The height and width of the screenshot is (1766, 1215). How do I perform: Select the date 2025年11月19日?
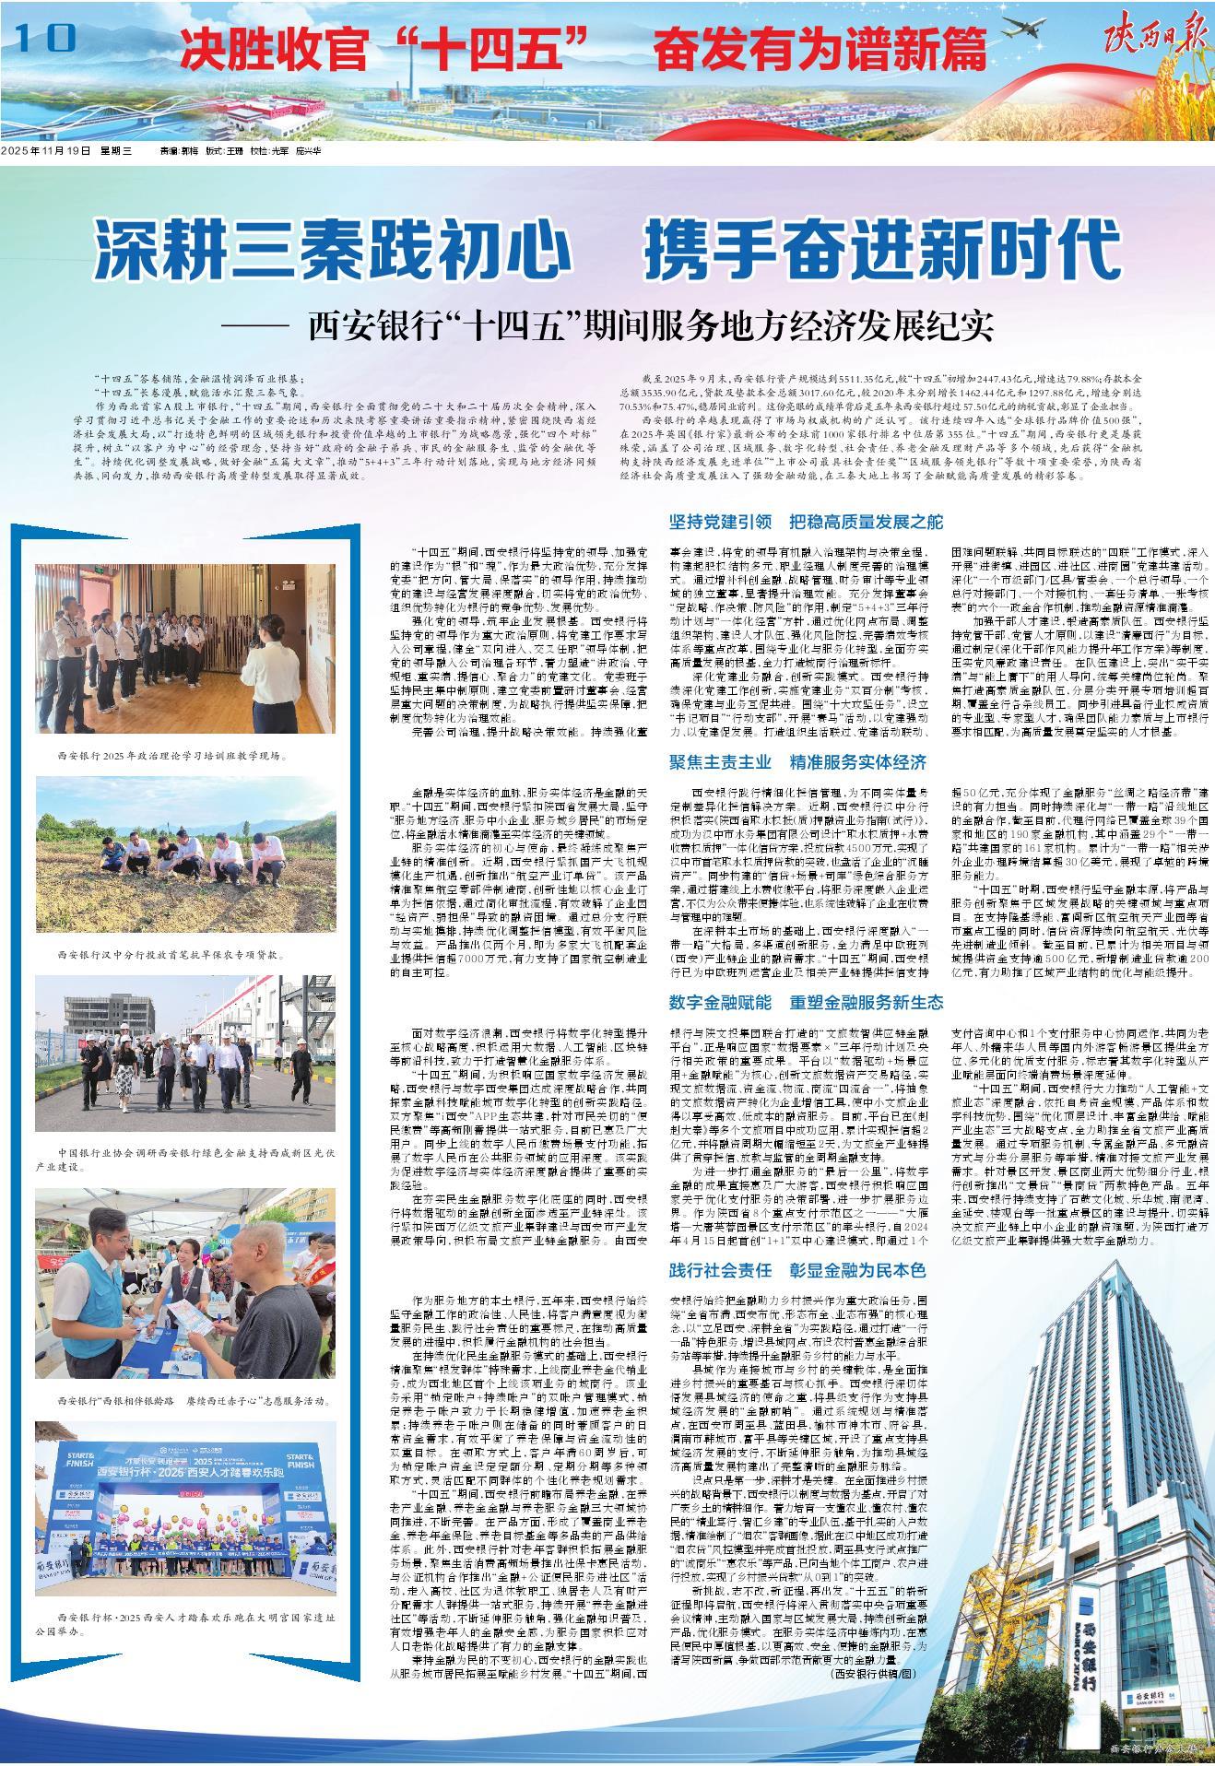pos(47,150)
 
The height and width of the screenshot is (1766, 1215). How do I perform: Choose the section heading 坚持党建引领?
pos(727,522)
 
